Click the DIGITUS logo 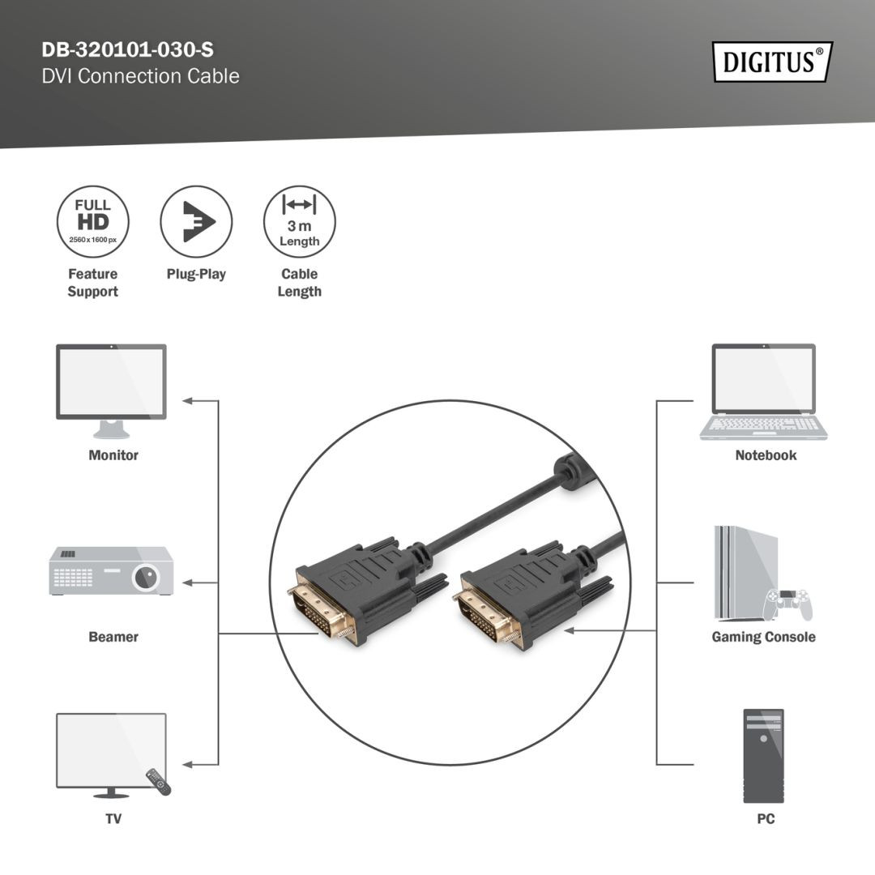click(x=772, y=62)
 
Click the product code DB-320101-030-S click(x=128, y=50)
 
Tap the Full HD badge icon click(x=92, y=222)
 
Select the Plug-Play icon click(x=196, y=222)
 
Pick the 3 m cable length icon click(x=299, y=222)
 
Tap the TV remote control click(x=159, y=781)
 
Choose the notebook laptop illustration click(x=763, y=392)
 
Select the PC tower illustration click(x=763, y=755)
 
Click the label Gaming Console click(x=763, y=637)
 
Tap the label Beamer click(x=113, y=637)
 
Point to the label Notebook click(x=766, y=455)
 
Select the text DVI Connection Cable click(x=140, y=76)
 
